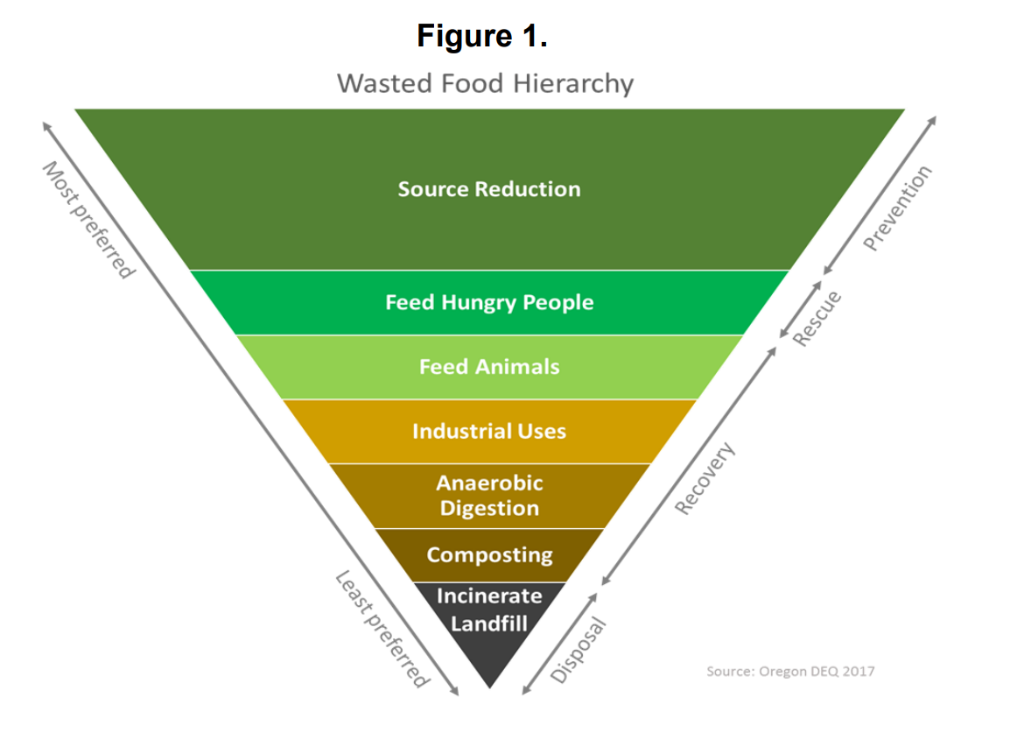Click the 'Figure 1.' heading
(481, 37)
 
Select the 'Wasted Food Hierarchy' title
(485, 84)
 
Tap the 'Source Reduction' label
(489, 189)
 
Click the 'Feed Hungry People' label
(489, 303)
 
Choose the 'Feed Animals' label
(489, 367)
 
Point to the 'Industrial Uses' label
(489, 431)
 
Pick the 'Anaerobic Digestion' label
(489, 496)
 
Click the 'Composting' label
(489, 555)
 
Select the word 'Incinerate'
(489, 596)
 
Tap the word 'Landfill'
(489, 624)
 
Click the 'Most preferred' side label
(88, 219)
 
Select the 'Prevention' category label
(898, 208)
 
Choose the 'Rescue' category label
(816, 317)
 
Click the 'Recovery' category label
(705, 479)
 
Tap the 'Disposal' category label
(578, 649)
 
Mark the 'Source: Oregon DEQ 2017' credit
(790, 672)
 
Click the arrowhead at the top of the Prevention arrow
(933, 119)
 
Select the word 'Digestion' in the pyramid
(489, 509)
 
